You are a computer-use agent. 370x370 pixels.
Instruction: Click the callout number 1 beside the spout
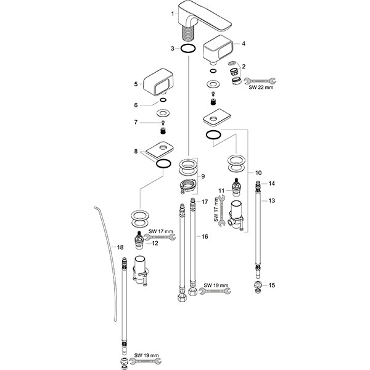pyautogui.click(x=173, y=14)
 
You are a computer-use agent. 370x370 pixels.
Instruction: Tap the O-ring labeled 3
pyautogui.click(x=188, y=45)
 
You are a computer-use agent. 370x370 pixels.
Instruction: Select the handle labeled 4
pyautogui.click(x=218, y=49)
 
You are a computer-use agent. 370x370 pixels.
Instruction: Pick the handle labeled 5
pyautogui.click(x=158, y=82)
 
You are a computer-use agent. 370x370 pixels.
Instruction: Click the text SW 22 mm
pyautogui.click(x=261, y=88)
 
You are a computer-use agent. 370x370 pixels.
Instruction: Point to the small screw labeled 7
pyautogui.click(x=163, y=122)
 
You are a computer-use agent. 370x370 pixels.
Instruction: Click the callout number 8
pyautogui.click(x=136, y=151)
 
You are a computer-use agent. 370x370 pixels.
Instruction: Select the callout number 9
pyautogui.click(x=203, y=176)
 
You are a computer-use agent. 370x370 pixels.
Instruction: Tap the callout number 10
pyautogui.click(x=258, y=173)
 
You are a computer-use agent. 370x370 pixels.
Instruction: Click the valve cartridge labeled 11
pyautogui.click(x=236, y=187)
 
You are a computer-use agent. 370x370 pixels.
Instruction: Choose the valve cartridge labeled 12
pyautogui.click(x=139, y=240)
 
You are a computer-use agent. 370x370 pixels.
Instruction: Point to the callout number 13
pyautogui.click(x=272, y=200)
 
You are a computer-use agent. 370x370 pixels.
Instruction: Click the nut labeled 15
pyautogui.click(x=258, y=287)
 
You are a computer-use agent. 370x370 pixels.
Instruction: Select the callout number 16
pyautogui.click(x=205, y=236)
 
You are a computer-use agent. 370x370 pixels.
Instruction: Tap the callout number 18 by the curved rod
pyautogui.click(x=120, y=247)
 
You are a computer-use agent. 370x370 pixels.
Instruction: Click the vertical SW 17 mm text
pyautogui.click(x=216, y=210)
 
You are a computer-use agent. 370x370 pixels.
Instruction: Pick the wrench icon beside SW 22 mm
pyautogui.click(x=260, y=81)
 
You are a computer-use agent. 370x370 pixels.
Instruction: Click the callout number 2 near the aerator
pyautogui.click(x=244, y=67)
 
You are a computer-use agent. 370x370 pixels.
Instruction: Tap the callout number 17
pyautogui.click(x=205, y=202)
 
